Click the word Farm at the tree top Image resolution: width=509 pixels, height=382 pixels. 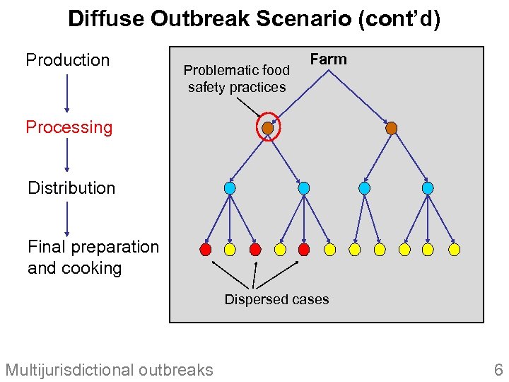[329, 59]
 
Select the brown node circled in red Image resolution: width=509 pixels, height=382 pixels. [267, 128]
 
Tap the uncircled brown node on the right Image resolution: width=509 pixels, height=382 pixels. [392, 128]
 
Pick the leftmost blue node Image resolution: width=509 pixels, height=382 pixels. [230, 188]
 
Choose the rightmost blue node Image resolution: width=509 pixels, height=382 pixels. [428, 188]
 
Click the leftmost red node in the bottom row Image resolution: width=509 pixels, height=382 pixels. [206, 249]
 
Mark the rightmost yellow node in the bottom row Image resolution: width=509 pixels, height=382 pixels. [455, 249]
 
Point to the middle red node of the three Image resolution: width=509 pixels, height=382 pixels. [255, 249]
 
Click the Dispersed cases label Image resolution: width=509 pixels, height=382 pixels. [276, 299]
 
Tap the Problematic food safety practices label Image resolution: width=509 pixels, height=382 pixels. [236, 79]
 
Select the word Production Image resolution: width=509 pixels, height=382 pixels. [68, 60]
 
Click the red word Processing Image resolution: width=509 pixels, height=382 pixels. [69, 127]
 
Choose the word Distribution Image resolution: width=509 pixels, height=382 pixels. [71, 188]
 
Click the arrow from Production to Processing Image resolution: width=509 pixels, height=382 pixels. [67, 93]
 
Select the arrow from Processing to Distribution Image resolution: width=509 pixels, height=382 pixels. [67, 156]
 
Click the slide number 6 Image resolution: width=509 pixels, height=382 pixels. [498, 369]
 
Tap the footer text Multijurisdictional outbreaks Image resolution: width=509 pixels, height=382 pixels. [109, 369]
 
